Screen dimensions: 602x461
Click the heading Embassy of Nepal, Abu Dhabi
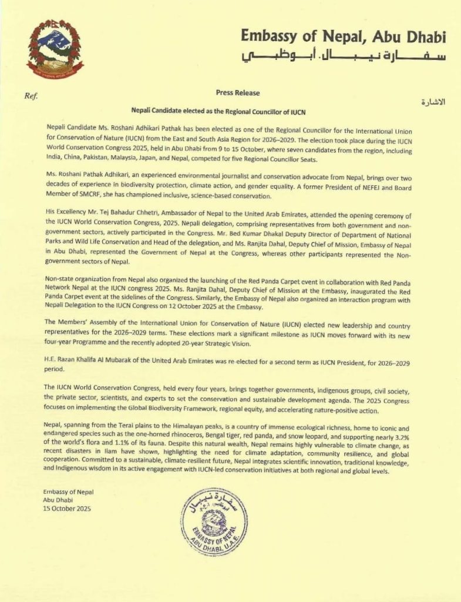(x=344, y=37)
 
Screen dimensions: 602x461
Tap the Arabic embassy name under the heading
(x=344, y=58)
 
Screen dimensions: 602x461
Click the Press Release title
(x=237, y=93)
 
